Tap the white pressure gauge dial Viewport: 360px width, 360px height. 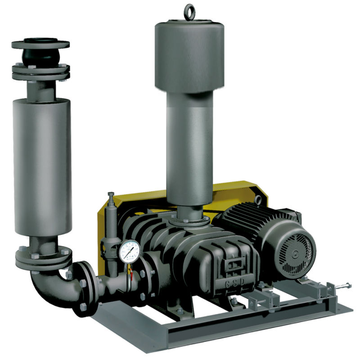[130, 251]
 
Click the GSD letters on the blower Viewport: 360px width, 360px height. [234, 286]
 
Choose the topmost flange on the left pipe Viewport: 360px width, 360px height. [40, 45]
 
